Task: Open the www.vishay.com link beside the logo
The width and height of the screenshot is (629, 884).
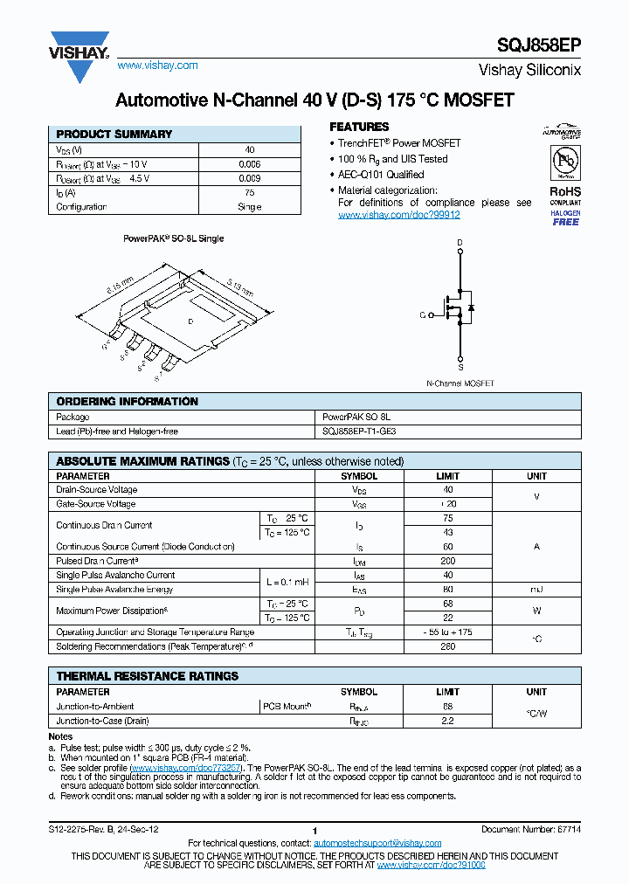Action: coord(157,66)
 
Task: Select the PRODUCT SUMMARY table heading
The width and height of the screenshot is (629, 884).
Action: coord(114,135)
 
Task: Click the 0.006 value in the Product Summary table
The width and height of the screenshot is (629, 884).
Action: coord(249,164)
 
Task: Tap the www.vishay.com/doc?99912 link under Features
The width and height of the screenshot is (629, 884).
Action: coord(398,215)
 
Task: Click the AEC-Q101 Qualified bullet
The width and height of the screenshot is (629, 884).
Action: coord(381,175)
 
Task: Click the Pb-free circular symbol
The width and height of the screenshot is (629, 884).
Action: coord(565,162)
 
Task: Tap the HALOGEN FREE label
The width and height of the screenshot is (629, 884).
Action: coord(565,218)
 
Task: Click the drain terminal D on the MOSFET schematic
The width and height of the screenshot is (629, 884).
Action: coord(460,242)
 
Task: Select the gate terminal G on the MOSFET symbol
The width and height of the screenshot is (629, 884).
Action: coord(422,314)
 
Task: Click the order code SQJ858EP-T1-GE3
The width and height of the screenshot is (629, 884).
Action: coord(359,432)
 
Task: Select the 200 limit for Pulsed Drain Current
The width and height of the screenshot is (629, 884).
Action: coord(448,561)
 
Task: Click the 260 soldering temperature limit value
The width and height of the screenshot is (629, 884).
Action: coord(448,646)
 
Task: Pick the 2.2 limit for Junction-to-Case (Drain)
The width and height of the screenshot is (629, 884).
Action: coord(448,721)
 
